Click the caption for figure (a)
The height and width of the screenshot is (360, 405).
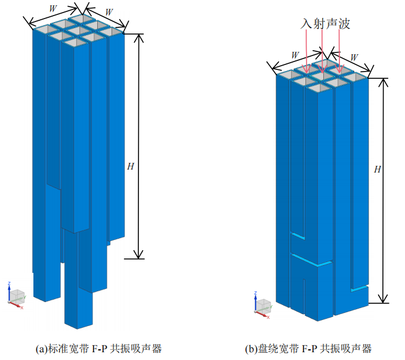[99, 348]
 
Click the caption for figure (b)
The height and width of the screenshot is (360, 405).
[308, 348]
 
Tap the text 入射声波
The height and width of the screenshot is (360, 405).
[325, 24]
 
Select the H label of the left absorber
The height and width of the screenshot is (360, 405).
[131, 167]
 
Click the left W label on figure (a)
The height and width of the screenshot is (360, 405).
[52, 10]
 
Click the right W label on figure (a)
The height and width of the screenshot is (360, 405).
[109, 12]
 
